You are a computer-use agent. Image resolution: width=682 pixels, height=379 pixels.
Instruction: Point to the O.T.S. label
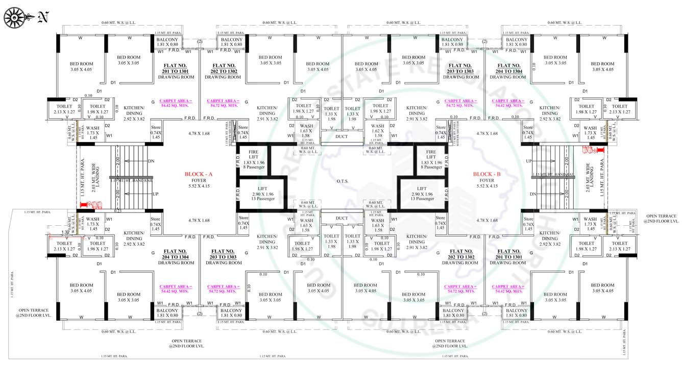tap(342, 180)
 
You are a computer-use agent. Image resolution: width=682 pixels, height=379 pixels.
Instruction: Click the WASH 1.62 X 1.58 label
tap(377, 130)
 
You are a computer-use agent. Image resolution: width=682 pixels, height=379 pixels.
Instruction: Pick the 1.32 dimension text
tap(65, 232)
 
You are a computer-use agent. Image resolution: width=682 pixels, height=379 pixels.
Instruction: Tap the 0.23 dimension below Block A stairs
tap(118, 211)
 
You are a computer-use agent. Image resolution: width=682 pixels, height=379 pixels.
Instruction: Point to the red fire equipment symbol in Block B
tap(592, 150)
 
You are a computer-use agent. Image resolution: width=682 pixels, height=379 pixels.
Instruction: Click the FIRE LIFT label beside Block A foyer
tap(253, 155)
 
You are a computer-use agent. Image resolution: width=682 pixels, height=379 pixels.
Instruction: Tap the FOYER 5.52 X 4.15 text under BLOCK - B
tap(487, 183)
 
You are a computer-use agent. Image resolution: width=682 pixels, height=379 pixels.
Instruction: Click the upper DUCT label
tap(342, 136)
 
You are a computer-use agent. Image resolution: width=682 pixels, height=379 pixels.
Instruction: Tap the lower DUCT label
tap(342, 218)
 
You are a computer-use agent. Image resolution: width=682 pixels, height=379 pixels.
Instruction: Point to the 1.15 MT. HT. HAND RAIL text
tap(552, 175)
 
